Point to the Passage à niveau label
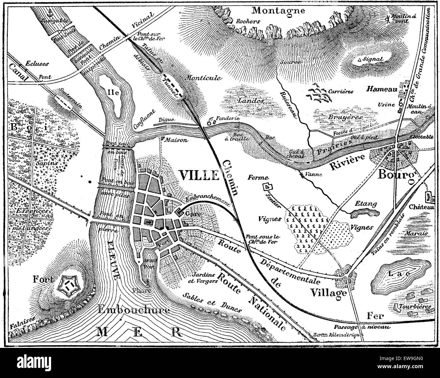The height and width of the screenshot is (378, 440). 362,327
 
